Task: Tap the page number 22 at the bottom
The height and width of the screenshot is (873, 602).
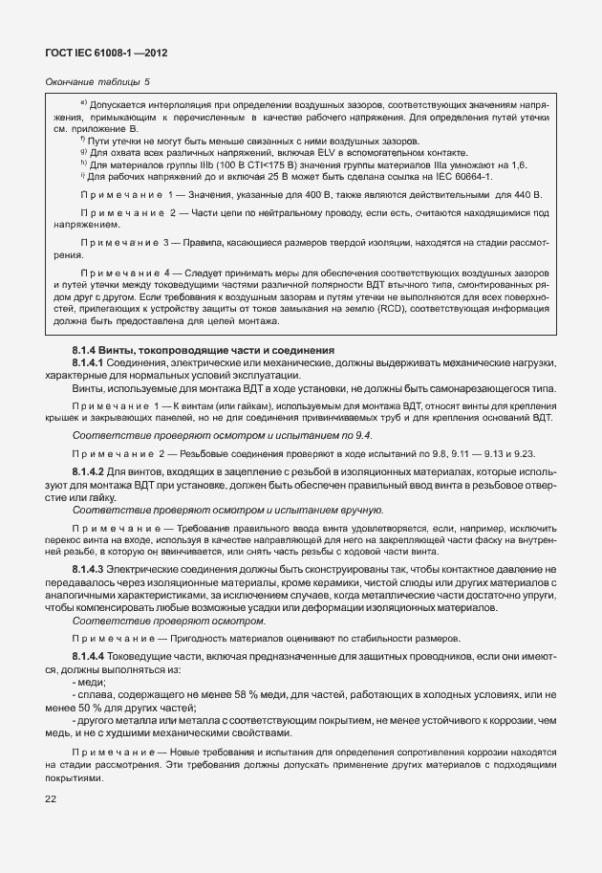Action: (x=50, y=798)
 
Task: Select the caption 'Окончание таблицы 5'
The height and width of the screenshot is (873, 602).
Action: (x=97, y=82)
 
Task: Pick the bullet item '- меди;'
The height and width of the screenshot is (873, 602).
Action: (x=89, y=683)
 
